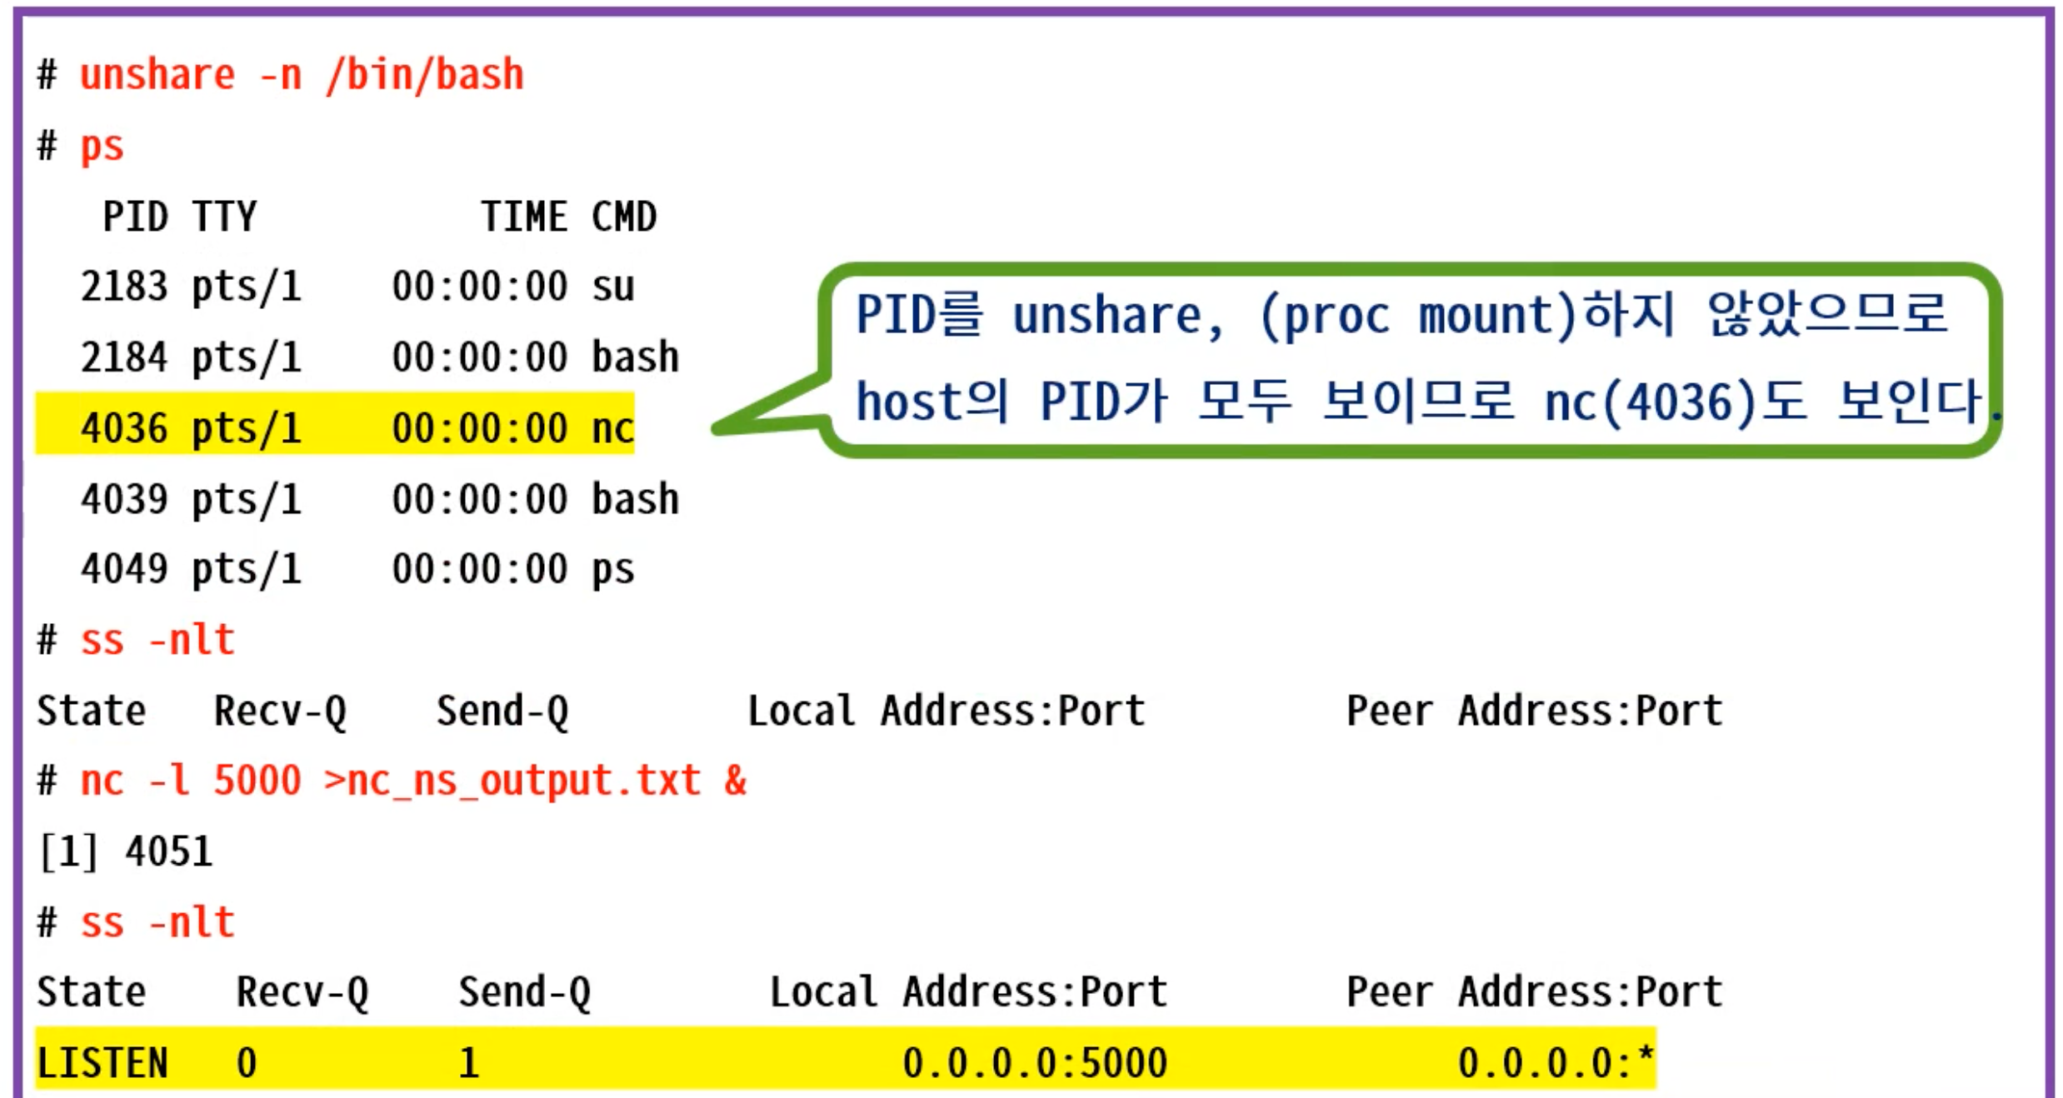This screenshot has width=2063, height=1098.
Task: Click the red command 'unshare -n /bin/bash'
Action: click(302, 75)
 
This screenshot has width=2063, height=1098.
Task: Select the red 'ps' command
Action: click(102, 147)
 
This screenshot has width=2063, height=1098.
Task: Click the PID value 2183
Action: click(124, 287)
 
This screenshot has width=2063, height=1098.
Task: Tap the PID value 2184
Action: click(124, 357)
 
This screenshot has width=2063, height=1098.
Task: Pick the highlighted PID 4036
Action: click(124, 428)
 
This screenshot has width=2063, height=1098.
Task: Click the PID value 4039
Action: click(124, 499)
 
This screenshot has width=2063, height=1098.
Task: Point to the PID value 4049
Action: click(124, 570)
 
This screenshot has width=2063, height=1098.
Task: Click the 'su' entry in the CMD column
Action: click(613, 287)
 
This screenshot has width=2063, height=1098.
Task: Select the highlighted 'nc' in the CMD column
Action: click(613, 428)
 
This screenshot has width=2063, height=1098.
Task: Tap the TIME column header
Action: click(524, 217)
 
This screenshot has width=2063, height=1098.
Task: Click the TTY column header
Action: click(224, 217)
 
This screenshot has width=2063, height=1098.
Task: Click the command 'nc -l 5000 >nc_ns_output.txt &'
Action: click(413, 781)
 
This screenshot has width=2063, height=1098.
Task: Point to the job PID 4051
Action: click(169, 852)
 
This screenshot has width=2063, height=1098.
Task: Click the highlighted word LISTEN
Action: click(102, 1063)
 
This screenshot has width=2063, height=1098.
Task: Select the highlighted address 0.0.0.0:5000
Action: click(1035, 1063)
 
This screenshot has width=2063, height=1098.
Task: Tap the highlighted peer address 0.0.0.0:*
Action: click(1556, 1063)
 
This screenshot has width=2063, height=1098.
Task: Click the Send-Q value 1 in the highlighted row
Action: click(469, 1063)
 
